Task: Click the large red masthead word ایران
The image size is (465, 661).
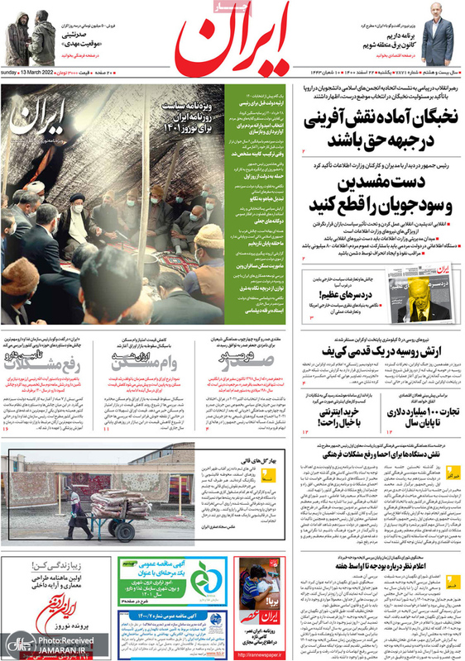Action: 240,40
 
